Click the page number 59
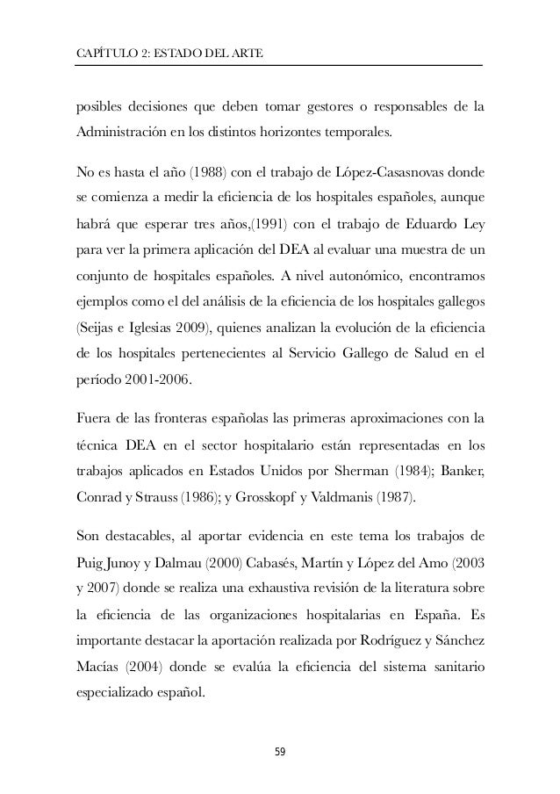point(280,753)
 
